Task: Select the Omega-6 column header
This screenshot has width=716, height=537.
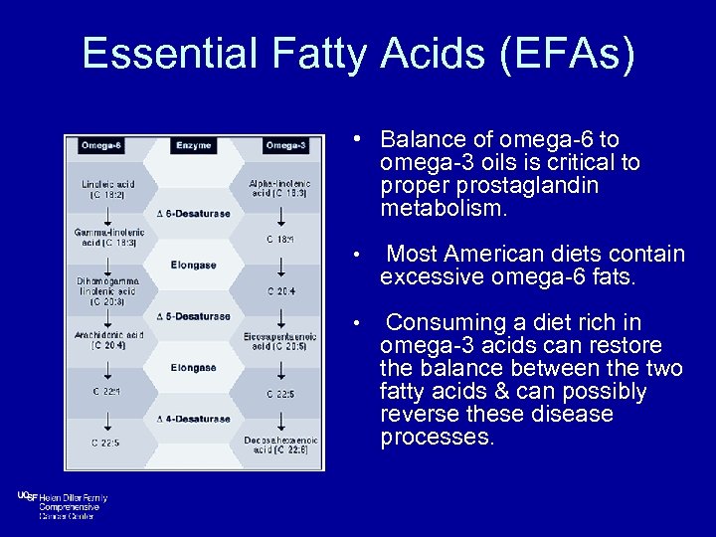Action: tap(102, 145)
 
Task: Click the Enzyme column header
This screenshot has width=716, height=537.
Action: tap(193, 145)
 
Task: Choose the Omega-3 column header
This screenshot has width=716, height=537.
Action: tap(283, 145)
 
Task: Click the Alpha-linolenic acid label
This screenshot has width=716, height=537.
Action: tap(279, 189)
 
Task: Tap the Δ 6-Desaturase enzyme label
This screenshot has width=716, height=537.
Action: tap(194, 214)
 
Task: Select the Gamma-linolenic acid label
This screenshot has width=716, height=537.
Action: tap(109, 238)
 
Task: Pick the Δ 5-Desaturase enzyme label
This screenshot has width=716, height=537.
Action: tap(194, 316)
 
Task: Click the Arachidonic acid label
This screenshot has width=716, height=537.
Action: tap(109, 340)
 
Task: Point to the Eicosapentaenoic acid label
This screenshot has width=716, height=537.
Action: tap(279, 341)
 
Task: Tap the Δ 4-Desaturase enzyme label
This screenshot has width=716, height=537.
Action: tap(194, 419)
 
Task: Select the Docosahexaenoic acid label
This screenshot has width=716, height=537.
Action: tap(279, 445)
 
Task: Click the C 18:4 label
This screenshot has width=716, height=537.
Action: tap(280, 240)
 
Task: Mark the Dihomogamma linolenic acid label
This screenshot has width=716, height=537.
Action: tap(109, 289)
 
